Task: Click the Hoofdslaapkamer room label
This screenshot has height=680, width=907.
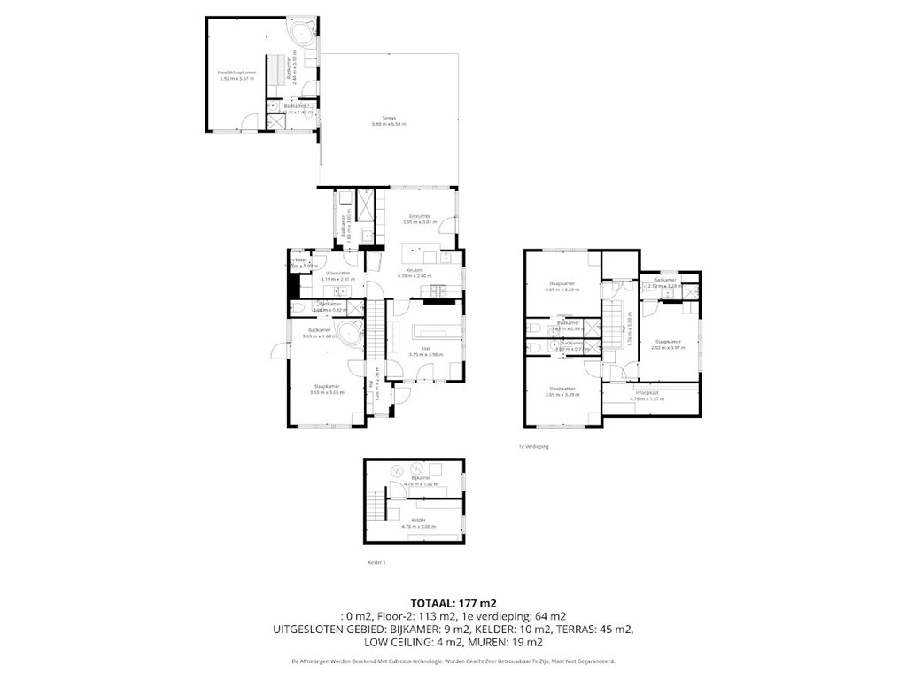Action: [236, 72]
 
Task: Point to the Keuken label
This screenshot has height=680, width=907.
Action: [415, 269]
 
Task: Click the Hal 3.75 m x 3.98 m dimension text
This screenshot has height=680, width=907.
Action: [425, 355]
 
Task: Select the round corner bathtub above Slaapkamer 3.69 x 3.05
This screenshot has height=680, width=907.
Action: [349, 336]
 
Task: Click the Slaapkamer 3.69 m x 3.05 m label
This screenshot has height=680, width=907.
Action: [327, 386]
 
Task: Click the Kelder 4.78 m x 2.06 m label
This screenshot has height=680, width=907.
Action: [418, 521]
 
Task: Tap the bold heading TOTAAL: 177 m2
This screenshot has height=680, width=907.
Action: [453, 602]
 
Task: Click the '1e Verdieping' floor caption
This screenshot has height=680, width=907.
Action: [534, 447]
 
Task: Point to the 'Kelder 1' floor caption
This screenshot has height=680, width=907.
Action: [376, 562]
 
